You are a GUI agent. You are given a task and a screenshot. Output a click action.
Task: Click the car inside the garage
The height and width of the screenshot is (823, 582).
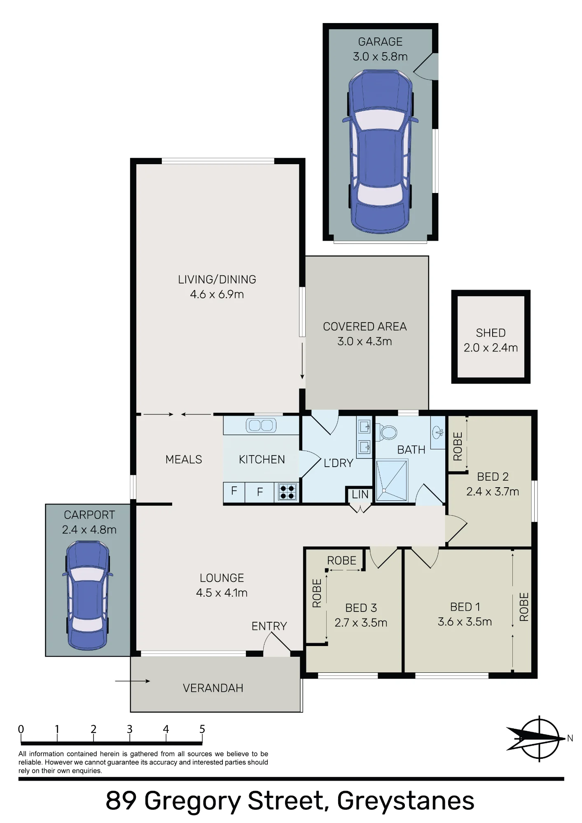(380, 151)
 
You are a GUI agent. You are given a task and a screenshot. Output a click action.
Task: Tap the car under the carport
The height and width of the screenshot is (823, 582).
(88, 595)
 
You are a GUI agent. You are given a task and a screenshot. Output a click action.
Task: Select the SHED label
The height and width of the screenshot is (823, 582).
(491, 332)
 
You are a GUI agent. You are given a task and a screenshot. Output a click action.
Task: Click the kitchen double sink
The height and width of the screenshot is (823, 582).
(261, 425)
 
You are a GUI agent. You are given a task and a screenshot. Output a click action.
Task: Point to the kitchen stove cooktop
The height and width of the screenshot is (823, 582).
(287, 492)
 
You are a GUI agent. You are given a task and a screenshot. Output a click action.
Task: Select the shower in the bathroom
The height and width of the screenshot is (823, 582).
(392, 481)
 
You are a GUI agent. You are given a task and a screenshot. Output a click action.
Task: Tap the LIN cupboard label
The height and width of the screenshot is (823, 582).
(360, 495)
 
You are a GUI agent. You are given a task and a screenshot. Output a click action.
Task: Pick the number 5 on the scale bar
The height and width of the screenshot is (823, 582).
(202, 729)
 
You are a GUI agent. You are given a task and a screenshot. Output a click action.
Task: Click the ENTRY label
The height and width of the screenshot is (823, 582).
(269, 626)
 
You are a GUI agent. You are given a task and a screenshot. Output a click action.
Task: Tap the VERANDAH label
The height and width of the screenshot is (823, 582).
(213, 688)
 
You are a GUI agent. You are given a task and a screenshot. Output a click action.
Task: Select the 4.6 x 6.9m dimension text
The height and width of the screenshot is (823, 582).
(217, 294)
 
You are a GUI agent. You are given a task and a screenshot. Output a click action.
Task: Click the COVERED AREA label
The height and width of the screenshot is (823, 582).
(365, 326)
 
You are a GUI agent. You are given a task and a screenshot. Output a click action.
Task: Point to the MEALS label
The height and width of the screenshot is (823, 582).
(184, 459)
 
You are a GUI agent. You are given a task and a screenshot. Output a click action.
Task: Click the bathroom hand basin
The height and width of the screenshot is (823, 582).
(438, 432)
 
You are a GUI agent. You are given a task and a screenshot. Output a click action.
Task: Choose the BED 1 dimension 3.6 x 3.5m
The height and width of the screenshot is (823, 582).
(465, 621)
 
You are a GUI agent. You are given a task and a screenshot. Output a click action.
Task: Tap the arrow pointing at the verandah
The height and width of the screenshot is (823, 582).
(133, 681)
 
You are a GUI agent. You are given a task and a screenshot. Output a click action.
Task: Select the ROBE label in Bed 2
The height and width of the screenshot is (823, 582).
(458, 446)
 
